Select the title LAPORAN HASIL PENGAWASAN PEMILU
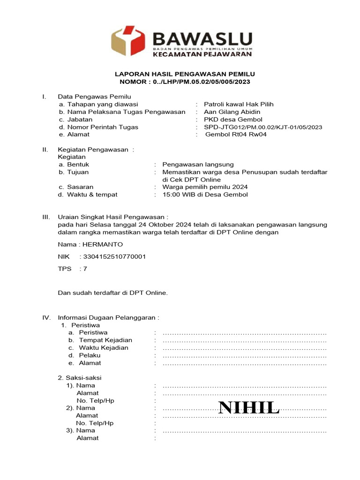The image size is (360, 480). (x=185, y=74)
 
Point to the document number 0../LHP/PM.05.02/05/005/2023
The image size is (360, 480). (x=201, y=82)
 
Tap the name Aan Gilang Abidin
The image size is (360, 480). (x=232, y=112)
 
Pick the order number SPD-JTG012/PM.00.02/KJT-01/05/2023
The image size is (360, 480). (x=263, y=127)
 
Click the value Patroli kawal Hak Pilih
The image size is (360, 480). (x=239, y=104)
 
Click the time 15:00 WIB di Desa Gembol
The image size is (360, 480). (x=205, y=195)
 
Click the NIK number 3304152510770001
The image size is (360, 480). (x=114, y=256)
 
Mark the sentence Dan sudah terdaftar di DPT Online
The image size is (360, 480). (x=112, y=293)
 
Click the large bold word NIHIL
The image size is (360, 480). (x=249, y=408)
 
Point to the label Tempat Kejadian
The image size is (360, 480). (x=105, y=340)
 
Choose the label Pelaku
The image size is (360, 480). (x=90, y=355)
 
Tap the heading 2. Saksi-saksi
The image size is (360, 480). (x=79, y=377)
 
